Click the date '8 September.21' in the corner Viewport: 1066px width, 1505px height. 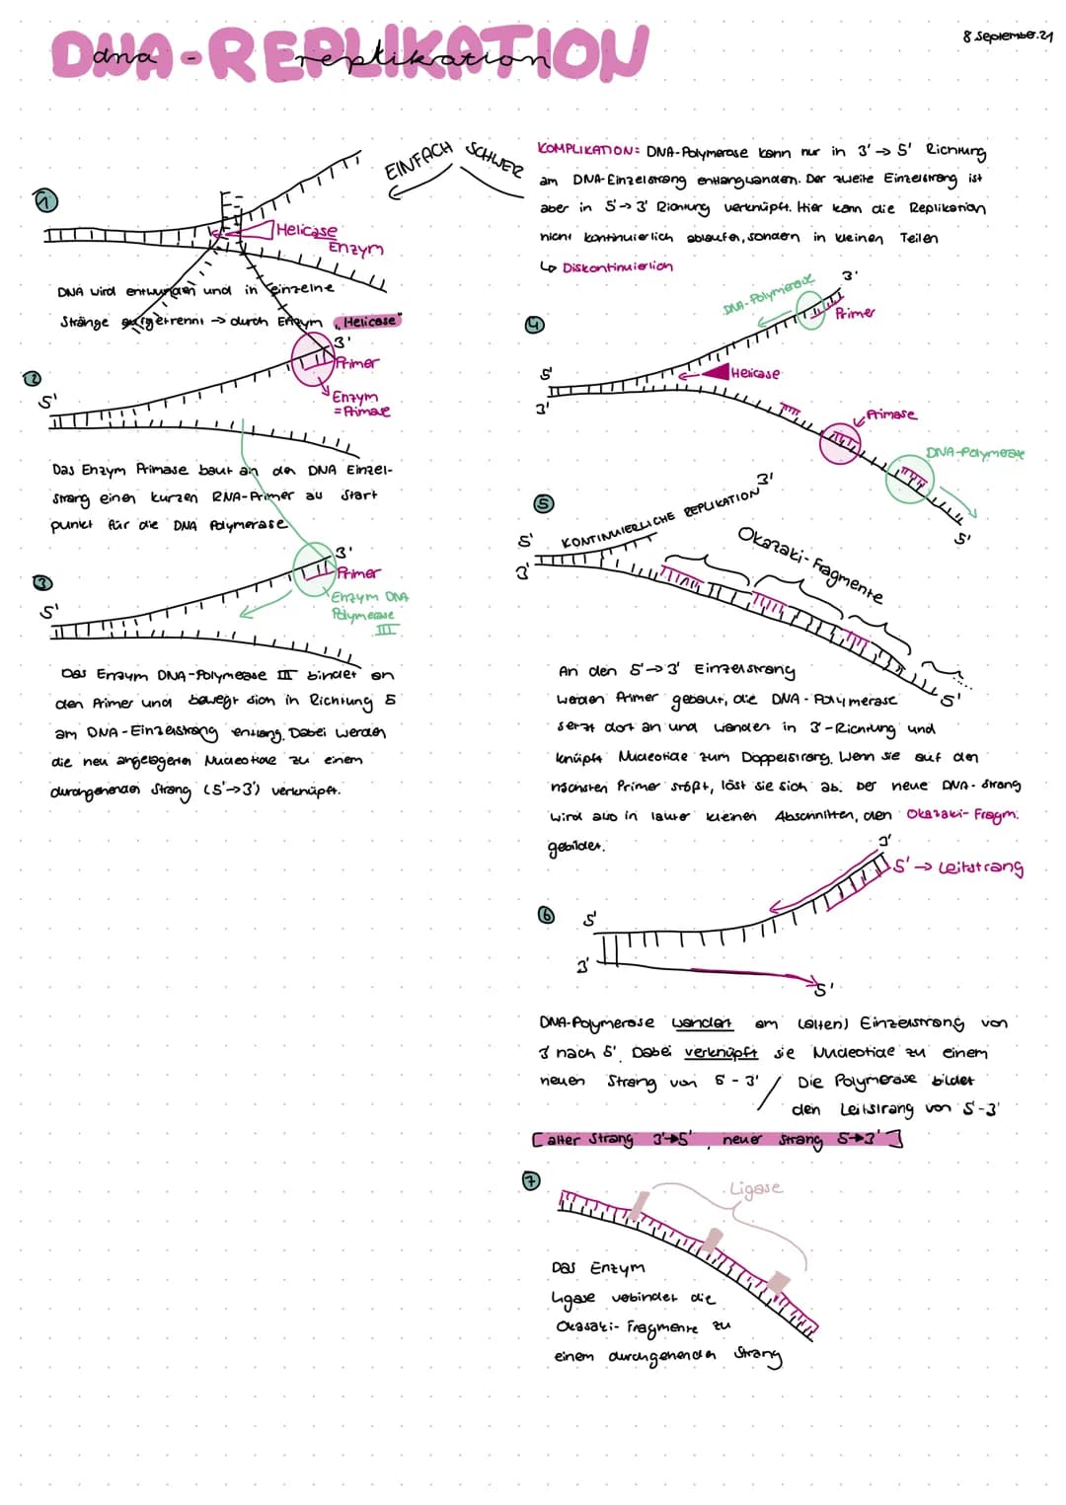coord(1007,36)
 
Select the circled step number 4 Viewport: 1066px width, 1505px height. coord(534,324)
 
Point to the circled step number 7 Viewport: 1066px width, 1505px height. coord(530,1180)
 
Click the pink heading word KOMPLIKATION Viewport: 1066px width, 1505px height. coord(587,149)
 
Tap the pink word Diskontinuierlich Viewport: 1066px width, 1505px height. coord(617,266)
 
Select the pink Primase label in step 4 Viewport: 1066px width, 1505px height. coord(890,414)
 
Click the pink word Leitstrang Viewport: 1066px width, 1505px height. coord(980,866)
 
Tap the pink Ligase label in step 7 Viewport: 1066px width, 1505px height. coord(755,1188)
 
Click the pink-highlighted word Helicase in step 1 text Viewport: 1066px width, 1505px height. coord(369,321)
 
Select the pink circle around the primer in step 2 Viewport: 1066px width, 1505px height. coord(313,354)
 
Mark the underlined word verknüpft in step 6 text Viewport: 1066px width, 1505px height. coord(721,1052)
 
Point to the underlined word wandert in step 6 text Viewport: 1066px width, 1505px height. coord(702,1022)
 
